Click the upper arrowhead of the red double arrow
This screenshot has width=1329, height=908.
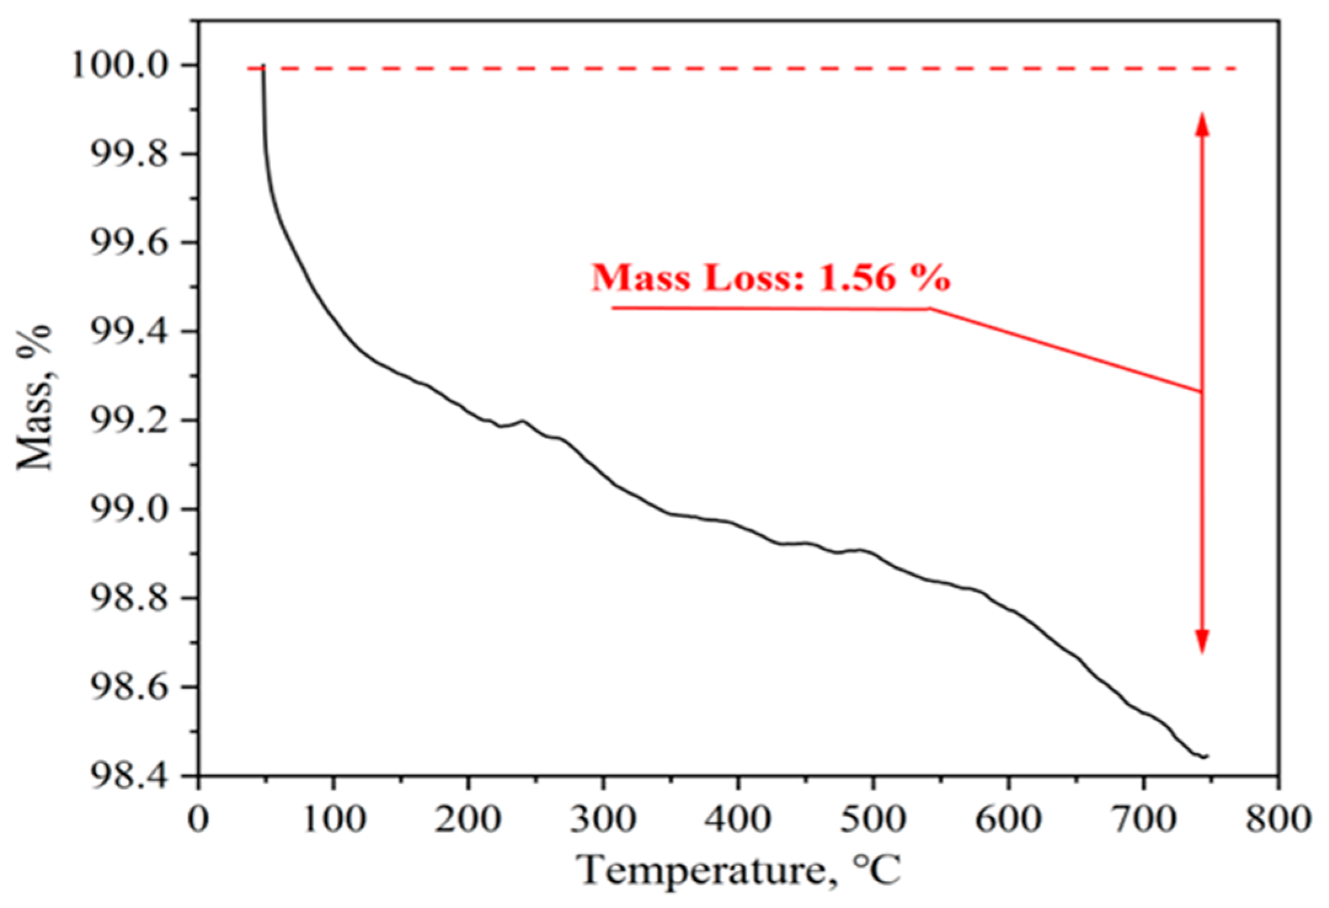pyautogui.click(x=1202, y=123)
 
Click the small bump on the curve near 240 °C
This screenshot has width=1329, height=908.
pyautogui.click(x=523, y=421)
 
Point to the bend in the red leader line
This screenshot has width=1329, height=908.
pyautogui.click(x=929, y=309)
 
